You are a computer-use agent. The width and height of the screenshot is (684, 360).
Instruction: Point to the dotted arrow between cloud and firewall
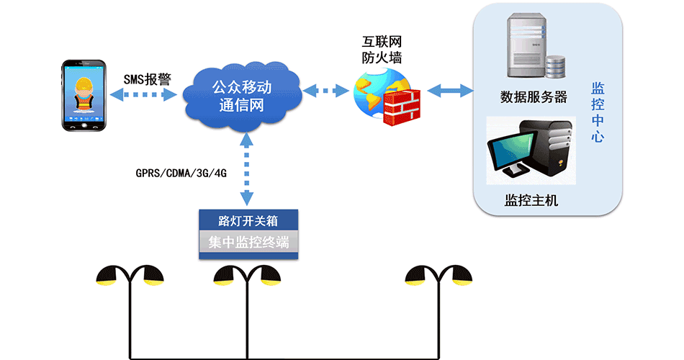click(x=325, y=91)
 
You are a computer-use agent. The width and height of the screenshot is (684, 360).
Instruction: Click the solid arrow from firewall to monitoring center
click(x=450, y=91)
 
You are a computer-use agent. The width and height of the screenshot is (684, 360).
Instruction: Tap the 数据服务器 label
click(x=534, y=97)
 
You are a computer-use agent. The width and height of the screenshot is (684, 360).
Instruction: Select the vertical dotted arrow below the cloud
click(x=247, y=173)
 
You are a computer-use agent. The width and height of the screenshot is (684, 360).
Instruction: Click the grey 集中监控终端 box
click(x=248, y=243)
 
